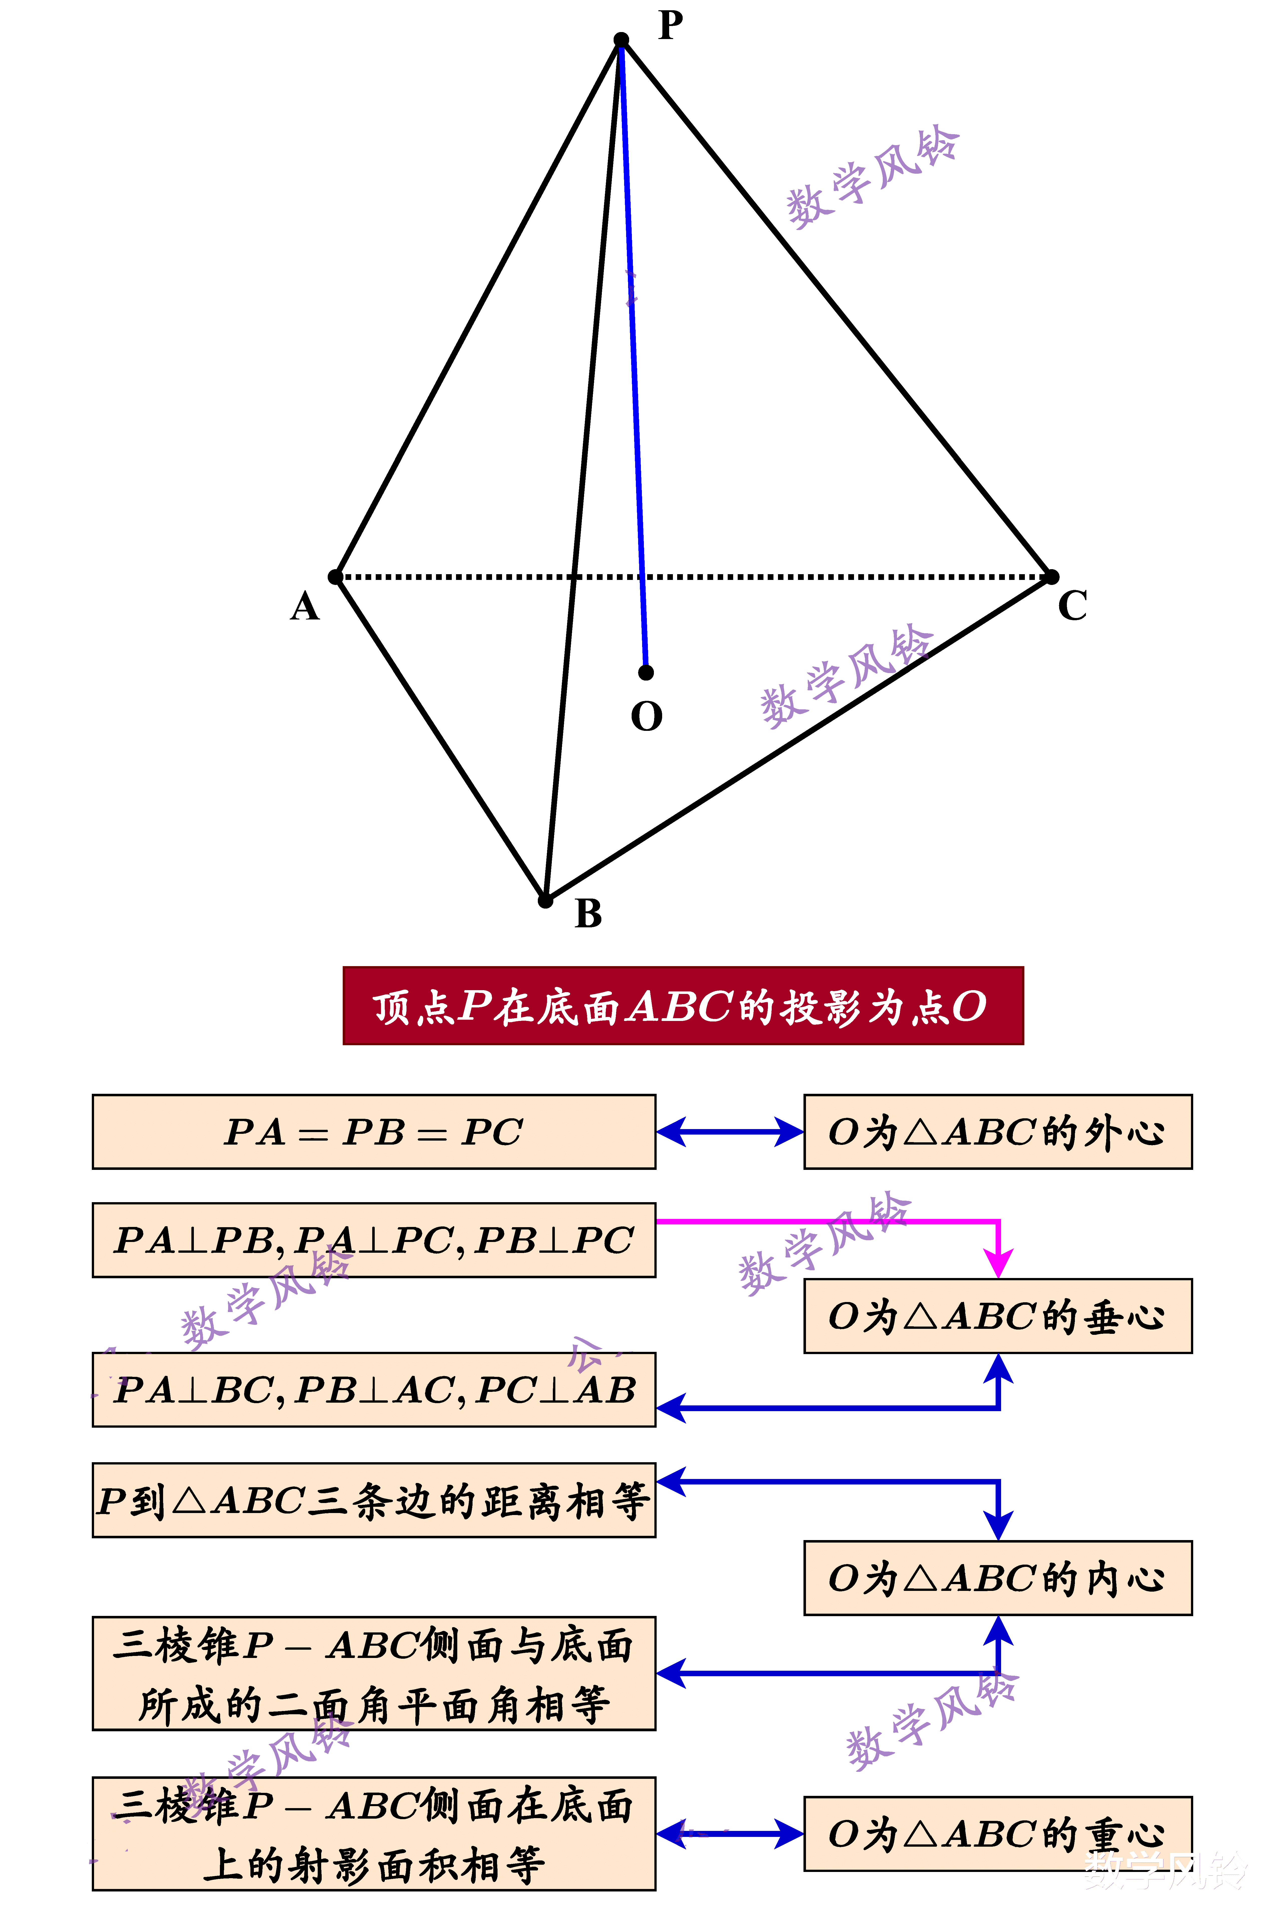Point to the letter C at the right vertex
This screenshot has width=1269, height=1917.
point(1072,605)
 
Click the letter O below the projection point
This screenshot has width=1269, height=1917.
point(647,716)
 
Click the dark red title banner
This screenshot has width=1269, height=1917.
point(683,1005)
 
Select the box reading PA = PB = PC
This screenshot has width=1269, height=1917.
point(374,1132)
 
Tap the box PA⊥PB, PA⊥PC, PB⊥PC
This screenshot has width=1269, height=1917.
point(374,1240)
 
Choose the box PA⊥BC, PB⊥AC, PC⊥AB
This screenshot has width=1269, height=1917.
point(374,1389)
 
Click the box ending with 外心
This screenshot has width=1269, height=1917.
point(998,1132)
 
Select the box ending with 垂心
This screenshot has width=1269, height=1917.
point(998,1316)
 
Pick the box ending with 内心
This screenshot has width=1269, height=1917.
point(998,1578)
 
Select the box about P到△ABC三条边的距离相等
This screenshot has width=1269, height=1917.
point(374,1499)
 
